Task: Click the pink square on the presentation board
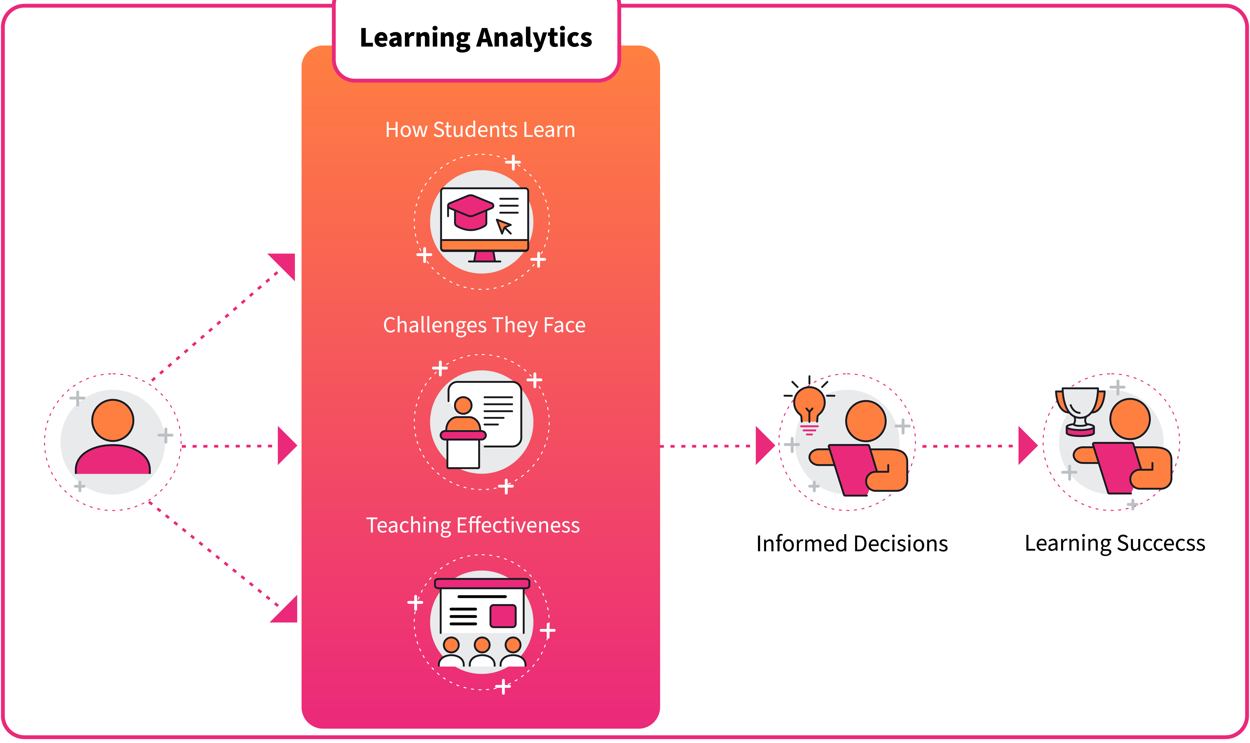pyautogui.click(x=502, y=616)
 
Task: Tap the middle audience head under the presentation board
pyautogui.click(x=482, y=645)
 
